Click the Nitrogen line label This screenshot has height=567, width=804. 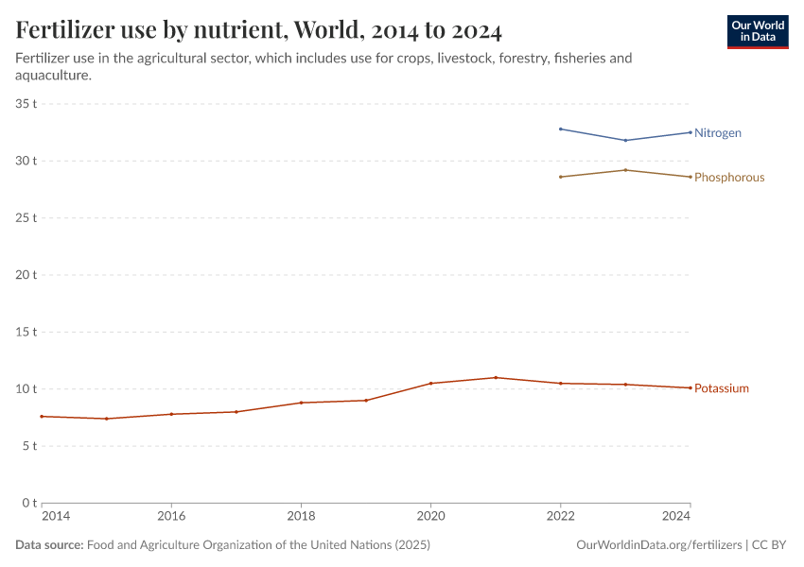717,133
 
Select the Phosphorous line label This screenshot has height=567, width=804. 728,178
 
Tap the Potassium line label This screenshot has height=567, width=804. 721,388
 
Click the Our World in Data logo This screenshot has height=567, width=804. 757,31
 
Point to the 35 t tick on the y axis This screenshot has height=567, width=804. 26,103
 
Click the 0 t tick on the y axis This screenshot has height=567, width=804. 29,503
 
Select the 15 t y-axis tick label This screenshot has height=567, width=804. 26,332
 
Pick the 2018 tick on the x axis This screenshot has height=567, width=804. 301,517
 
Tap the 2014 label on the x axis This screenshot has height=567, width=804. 56,517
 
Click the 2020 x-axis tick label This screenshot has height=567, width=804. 430,517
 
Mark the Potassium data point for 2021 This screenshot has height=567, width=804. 496,378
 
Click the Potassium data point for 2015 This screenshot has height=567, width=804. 106,419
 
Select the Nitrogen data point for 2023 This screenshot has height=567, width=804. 625,141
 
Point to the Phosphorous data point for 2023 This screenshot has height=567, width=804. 625,170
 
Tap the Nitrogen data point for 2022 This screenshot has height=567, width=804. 561,129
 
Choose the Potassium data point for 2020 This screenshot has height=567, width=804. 430,384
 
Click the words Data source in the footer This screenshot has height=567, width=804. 49,545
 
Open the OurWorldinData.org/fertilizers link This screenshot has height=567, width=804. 658,545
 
